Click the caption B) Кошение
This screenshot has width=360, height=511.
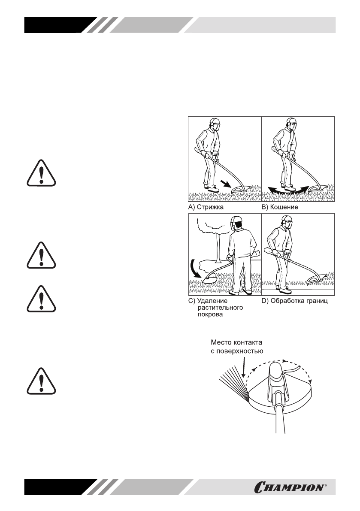280,206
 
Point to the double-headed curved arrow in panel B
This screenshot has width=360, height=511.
286,190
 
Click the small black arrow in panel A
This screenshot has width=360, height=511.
225,184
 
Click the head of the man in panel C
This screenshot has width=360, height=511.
238,224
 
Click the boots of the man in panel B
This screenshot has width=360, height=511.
287,188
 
